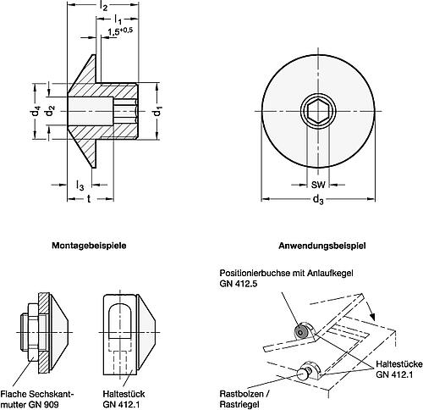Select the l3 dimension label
pos(80,185)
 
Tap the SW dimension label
pos(317,184)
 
